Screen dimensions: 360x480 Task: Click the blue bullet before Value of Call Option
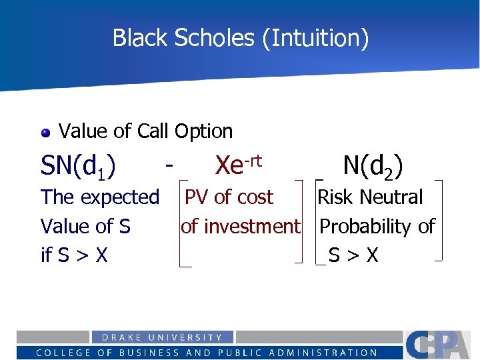click(45, 132)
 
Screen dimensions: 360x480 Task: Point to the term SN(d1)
click(78, 165)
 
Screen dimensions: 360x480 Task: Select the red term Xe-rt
click(238, 163)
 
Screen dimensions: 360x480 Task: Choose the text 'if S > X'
click(74, 255)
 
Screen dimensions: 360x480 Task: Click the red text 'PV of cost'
click(229, 197)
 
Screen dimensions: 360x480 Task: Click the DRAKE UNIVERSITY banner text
click(157, 337)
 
